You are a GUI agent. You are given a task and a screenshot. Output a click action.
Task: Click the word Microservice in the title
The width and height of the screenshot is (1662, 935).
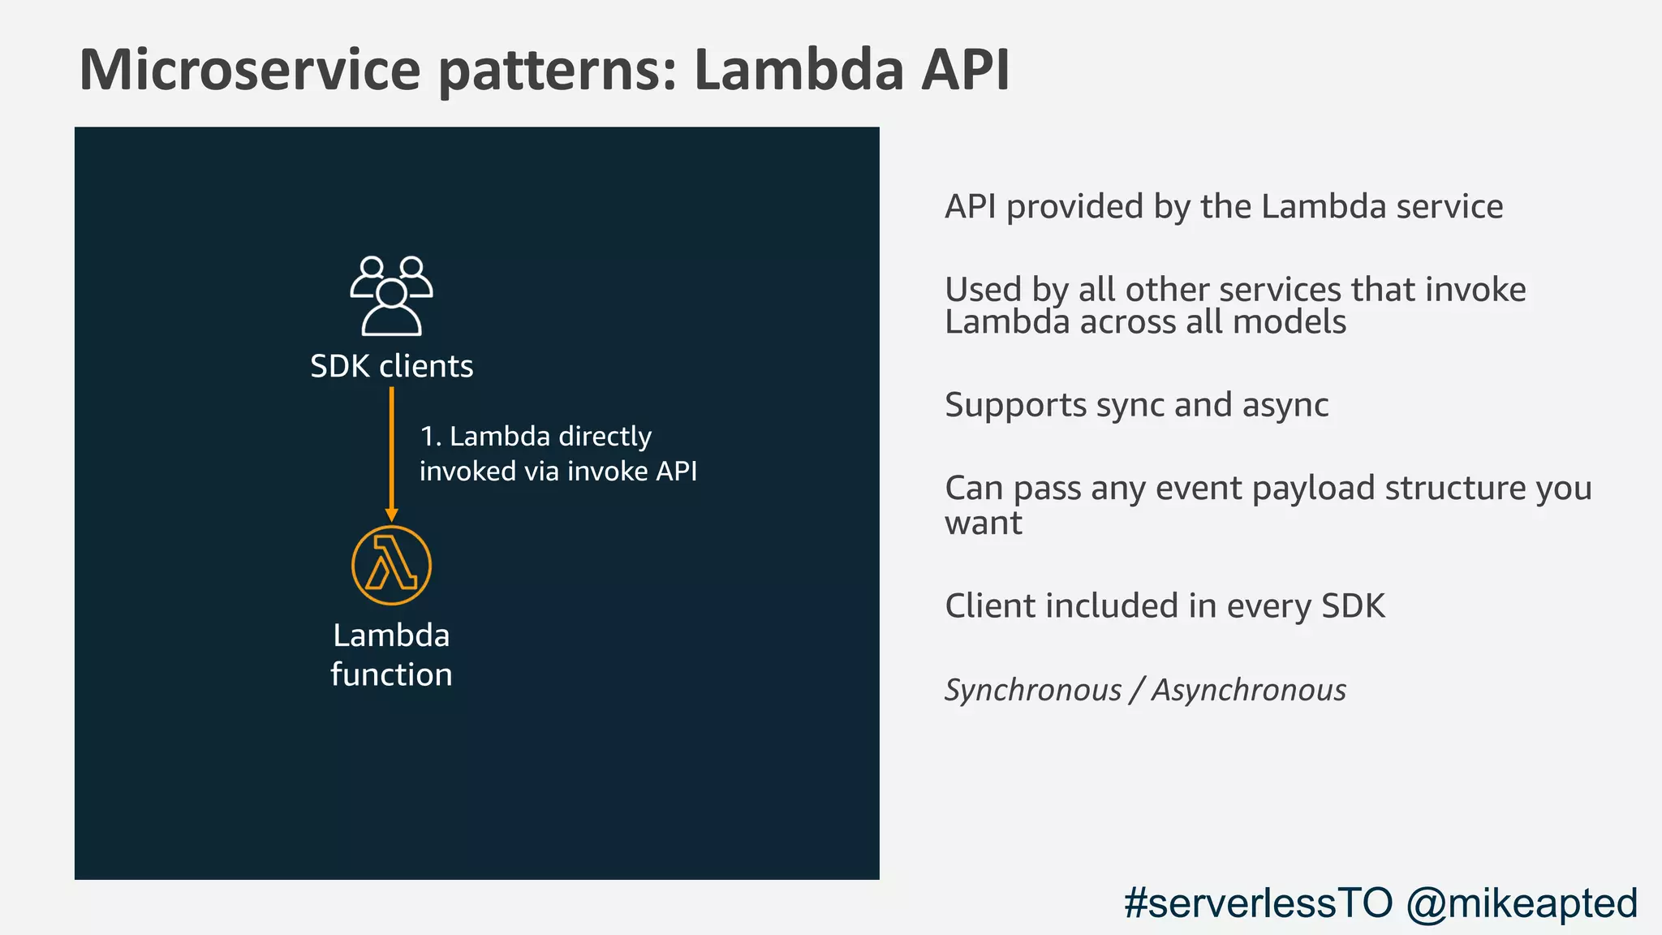250,70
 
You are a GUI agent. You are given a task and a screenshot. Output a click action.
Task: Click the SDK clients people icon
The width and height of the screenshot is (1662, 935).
391,295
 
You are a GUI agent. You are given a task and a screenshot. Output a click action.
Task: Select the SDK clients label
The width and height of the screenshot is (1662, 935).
391,366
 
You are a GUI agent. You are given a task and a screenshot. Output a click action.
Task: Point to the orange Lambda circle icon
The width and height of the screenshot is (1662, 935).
391,565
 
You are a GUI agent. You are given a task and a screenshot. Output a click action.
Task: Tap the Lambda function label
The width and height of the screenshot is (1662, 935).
391,654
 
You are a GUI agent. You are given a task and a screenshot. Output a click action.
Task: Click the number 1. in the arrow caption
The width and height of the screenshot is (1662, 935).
430,437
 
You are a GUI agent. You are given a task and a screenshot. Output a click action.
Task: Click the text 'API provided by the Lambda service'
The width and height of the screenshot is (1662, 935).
1223,206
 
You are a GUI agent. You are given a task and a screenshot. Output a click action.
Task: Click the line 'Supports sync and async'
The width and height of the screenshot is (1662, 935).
1136,405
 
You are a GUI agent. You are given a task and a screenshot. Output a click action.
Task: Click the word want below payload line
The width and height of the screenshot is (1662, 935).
983,524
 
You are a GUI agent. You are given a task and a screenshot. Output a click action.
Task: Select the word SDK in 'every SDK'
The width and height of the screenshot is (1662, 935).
1353,606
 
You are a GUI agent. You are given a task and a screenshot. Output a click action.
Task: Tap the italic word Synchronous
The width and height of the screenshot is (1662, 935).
1033,690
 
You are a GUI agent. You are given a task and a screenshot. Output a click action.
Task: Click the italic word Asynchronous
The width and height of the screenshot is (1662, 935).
1249,690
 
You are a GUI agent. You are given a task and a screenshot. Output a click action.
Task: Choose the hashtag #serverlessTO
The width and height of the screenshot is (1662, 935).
1257,903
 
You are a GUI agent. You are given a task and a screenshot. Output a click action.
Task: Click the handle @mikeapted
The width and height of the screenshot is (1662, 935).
1522,903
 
